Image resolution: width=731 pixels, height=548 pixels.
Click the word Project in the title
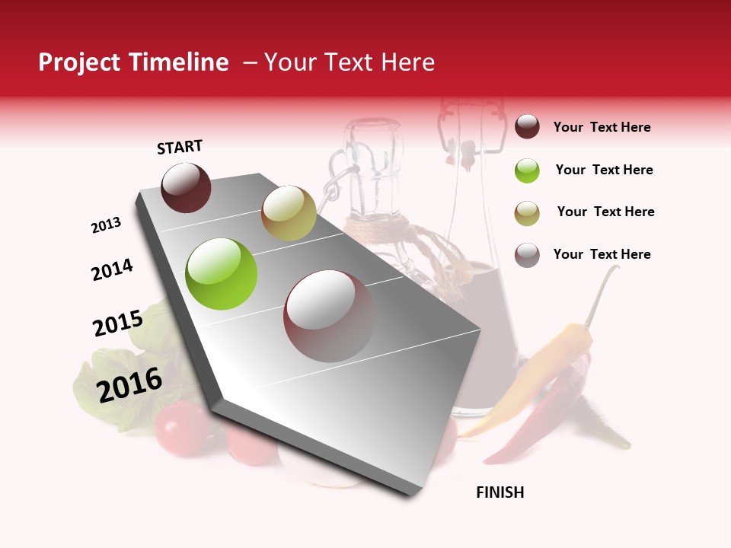pyautogui.click(x=80, y=62)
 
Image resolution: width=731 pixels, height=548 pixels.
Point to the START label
pyautogui.click(x=180, y=147)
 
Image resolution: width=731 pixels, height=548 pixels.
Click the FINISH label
pyautogui.click(x=500, y=492)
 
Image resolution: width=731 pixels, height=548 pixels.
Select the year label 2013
pyautogui.click(x=107, y=225)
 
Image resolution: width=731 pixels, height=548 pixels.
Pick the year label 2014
pyautogui.click(x=113, y=269)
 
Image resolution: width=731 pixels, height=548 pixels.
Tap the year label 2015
pyautogui.click(x=118, y=323)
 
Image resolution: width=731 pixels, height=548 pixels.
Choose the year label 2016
pyautogui.click(x=129, y=384)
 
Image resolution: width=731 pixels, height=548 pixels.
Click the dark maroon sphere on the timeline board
pyautogui.click(x=187, y=187)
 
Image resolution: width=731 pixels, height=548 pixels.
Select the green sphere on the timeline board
pyautogui.click(x=222, y=274)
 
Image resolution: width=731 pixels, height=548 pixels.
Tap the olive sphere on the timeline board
pyautogui.click(x=289, y=213)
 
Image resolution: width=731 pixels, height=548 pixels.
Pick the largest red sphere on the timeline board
pyautogui.click(x=330, y=316)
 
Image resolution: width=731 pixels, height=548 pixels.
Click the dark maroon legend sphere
pyautogui.click(x=527, y=127)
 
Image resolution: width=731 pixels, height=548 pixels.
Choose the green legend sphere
pyautogui.click(x=527, y=170)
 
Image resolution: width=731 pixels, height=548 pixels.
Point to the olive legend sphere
pyautogui.click(x=527, y=212)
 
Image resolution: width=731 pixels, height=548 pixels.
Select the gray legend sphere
pyautogui.click(x=527, y=255)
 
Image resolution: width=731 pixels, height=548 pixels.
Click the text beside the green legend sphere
pyautogui.click(x=605, y=170)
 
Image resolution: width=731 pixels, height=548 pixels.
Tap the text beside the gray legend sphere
pyautogui.click(x=602, y=254)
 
